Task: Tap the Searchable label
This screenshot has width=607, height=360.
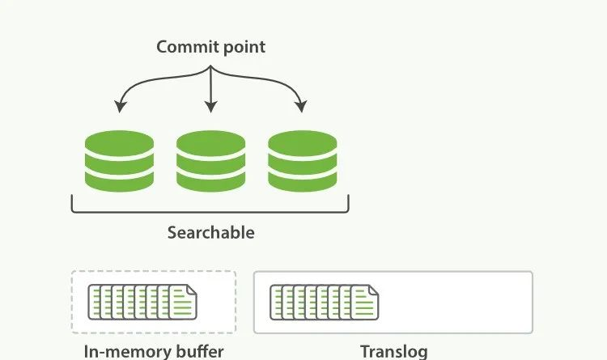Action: [x=210, y=233]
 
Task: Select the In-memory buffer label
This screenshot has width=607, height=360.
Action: [x=154, y=351]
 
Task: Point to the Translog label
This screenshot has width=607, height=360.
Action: [x=393, y=351]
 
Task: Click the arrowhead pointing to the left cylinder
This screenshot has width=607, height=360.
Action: [x=120, y=107]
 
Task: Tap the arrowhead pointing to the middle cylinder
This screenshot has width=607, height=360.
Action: [x=210, y=107]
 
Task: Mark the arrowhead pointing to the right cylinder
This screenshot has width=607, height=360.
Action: [x=302, y=107]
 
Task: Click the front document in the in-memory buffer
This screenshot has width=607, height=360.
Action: [x=182, y=302]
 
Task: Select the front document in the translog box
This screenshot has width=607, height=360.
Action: [x=365, y=302]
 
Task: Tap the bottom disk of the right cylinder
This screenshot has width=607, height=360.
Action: [x=302, y=180]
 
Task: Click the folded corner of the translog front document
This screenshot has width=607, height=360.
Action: [x=373, y=290]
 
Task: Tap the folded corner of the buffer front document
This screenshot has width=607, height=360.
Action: [x=190, y=290]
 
